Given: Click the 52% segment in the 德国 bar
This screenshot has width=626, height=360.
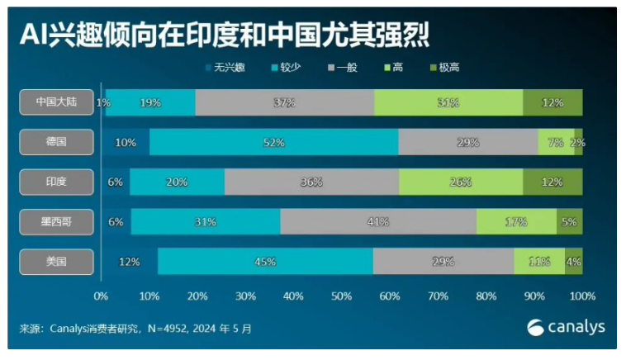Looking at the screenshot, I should [273, 142].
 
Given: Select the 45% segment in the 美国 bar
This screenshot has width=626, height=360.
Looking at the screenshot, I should [265, 262].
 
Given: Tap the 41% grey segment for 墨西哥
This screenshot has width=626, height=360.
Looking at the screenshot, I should [377, 222].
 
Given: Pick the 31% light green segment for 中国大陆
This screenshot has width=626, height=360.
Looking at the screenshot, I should [448, 102].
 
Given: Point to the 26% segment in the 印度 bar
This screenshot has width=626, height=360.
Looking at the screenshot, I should [460, 182].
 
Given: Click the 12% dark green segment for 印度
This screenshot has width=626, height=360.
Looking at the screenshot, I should [552, 182].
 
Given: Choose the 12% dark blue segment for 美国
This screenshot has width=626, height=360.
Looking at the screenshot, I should [129, 262].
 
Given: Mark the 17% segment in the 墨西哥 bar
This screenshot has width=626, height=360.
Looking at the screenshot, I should [516, 222].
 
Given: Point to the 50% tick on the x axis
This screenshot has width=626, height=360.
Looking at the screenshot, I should [341, 295].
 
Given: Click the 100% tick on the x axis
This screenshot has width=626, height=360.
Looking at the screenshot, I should [582, 295].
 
